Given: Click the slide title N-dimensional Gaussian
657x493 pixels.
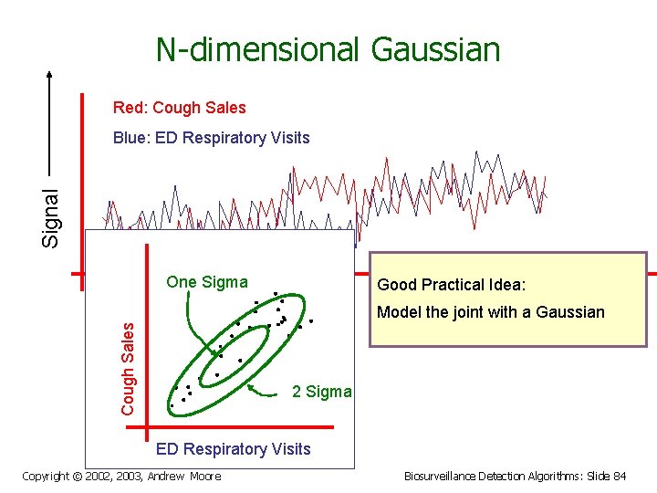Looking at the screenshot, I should [x=328, y=49].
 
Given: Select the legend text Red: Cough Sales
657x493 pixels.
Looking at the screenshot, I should [x=179, y=108].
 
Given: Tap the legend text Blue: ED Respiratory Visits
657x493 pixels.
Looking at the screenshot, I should [x=211, y=139].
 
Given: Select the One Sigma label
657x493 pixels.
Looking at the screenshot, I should [x=206, y=282].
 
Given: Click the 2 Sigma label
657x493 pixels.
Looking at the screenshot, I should [x=321, y=392].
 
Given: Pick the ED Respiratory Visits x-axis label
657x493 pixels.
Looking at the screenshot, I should [x=233, y=448].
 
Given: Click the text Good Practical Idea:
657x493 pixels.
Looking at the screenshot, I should [x=452, y=285].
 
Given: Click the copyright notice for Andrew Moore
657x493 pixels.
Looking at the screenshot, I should [x=120, y=476].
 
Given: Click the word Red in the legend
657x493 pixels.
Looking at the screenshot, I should [x=129, y=108].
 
